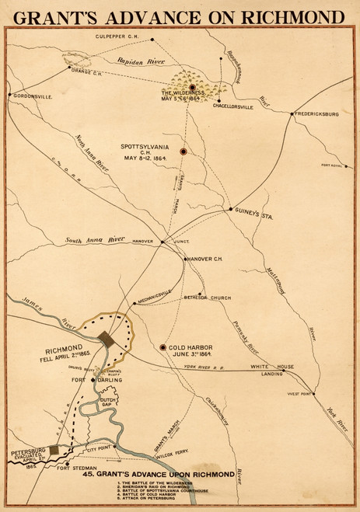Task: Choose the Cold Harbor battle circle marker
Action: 163,347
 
